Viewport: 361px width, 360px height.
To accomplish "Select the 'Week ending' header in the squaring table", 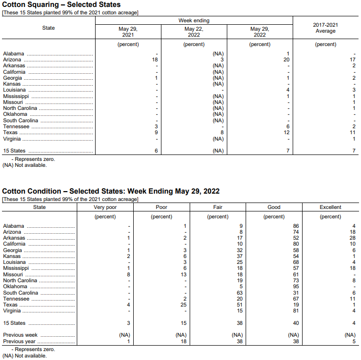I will pos(194,20).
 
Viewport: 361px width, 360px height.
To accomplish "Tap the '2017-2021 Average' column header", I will pos(325,28).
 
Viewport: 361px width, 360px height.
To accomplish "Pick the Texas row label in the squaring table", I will pos(10,133).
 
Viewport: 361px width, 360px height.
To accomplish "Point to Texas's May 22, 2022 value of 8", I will pos(221,133).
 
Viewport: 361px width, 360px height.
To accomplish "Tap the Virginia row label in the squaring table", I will pos(12,139).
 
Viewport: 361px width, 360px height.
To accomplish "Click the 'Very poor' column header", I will pos(105,207).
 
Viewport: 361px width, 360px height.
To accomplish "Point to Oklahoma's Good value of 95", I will pos(296,286).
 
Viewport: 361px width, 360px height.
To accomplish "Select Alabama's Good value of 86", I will pos(296,226).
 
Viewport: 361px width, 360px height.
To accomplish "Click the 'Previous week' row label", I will pos(20,335).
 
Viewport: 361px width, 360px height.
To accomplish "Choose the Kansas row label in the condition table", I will pos(11,256).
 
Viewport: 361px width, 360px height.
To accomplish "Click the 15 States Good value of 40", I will pos(296,323).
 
